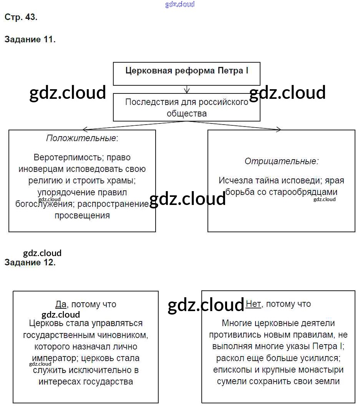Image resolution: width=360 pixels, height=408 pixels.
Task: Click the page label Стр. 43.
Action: (x=21, y=17)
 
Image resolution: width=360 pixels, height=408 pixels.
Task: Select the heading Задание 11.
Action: (x=30, y=40)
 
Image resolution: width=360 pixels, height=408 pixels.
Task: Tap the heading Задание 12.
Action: (x=30, y=263)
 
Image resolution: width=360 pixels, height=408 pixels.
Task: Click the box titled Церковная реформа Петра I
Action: (x=187, y=71)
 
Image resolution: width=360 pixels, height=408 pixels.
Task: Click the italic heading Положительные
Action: (x=81, y=138)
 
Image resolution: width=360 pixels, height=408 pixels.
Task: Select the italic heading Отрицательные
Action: (x=281, y=161)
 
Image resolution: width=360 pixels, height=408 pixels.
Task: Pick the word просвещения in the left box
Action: (x=82, y=215)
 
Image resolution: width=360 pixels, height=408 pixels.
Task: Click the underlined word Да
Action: (x=61, y=304)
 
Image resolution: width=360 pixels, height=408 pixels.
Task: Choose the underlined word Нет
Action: (x=253, y=304)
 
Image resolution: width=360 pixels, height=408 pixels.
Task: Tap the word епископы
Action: (x=232, y=370)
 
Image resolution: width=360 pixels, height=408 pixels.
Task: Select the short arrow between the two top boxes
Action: (x=187, y=89)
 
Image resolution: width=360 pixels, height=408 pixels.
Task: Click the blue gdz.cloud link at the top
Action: (x=180, y=4)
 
